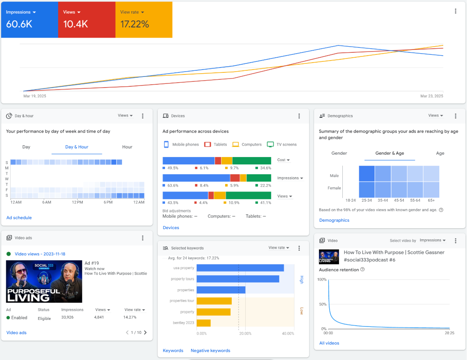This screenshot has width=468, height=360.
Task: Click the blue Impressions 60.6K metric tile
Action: [x=29, y=20]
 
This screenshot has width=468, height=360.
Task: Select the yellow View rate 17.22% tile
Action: [x=143, y=20]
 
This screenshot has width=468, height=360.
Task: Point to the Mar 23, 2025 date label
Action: [x=432, y=96]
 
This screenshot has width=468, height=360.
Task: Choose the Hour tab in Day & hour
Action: [x=127, y=147]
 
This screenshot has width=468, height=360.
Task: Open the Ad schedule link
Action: [x=19, y=218]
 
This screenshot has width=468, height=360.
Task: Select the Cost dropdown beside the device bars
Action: [x=283, y=160]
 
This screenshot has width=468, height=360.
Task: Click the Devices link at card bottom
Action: [x=171, y=227]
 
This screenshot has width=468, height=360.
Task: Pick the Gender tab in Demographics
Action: [x=339, y=153]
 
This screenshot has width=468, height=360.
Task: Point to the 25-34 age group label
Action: [x=366, y=200]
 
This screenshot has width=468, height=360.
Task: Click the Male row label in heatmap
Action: [x=334, y=176]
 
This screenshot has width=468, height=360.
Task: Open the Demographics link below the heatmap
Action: [x=334, y=220]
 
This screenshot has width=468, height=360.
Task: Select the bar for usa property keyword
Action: [x=240, y=268]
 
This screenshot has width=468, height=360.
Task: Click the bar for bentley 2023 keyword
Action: [x=203, y=323]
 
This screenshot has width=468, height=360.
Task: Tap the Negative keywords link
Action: [x=210, y=351]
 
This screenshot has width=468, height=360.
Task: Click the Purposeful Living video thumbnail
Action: [x=44, y=281]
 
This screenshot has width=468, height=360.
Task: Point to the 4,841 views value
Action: [x=100, y=317]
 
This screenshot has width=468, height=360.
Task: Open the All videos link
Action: [x=329, y=343]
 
